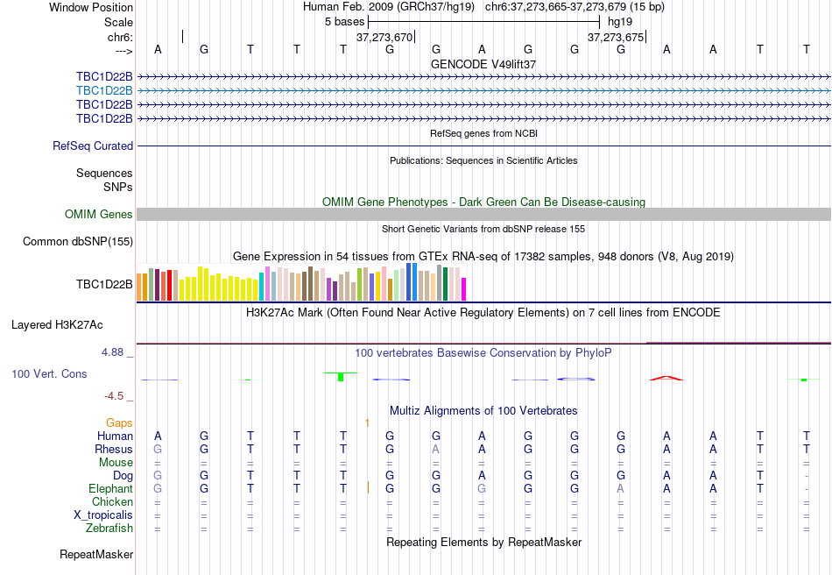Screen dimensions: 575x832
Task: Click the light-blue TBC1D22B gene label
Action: click(104, 90)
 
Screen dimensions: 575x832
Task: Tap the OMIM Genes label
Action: click(99, 215)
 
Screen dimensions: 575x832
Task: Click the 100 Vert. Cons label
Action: click(49, 374)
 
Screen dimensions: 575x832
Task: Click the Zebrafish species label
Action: click(109, 529)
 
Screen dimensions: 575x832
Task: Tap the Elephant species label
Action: click(110, 489)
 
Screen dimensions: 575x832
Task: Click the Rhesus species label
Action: click(114, 450)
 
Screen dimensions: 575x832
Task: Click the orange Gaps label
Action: click(119, 423)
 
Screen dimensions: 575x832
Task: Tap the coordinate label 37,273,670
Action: click(384, 38)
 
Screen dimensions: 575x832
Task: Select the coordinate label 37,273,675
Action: click(615, 38)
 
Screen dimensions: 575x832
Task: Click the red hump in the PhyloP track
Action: click(666, 378)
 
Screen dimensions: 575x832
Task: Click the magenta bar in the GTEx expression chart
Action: click(464, 289)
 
